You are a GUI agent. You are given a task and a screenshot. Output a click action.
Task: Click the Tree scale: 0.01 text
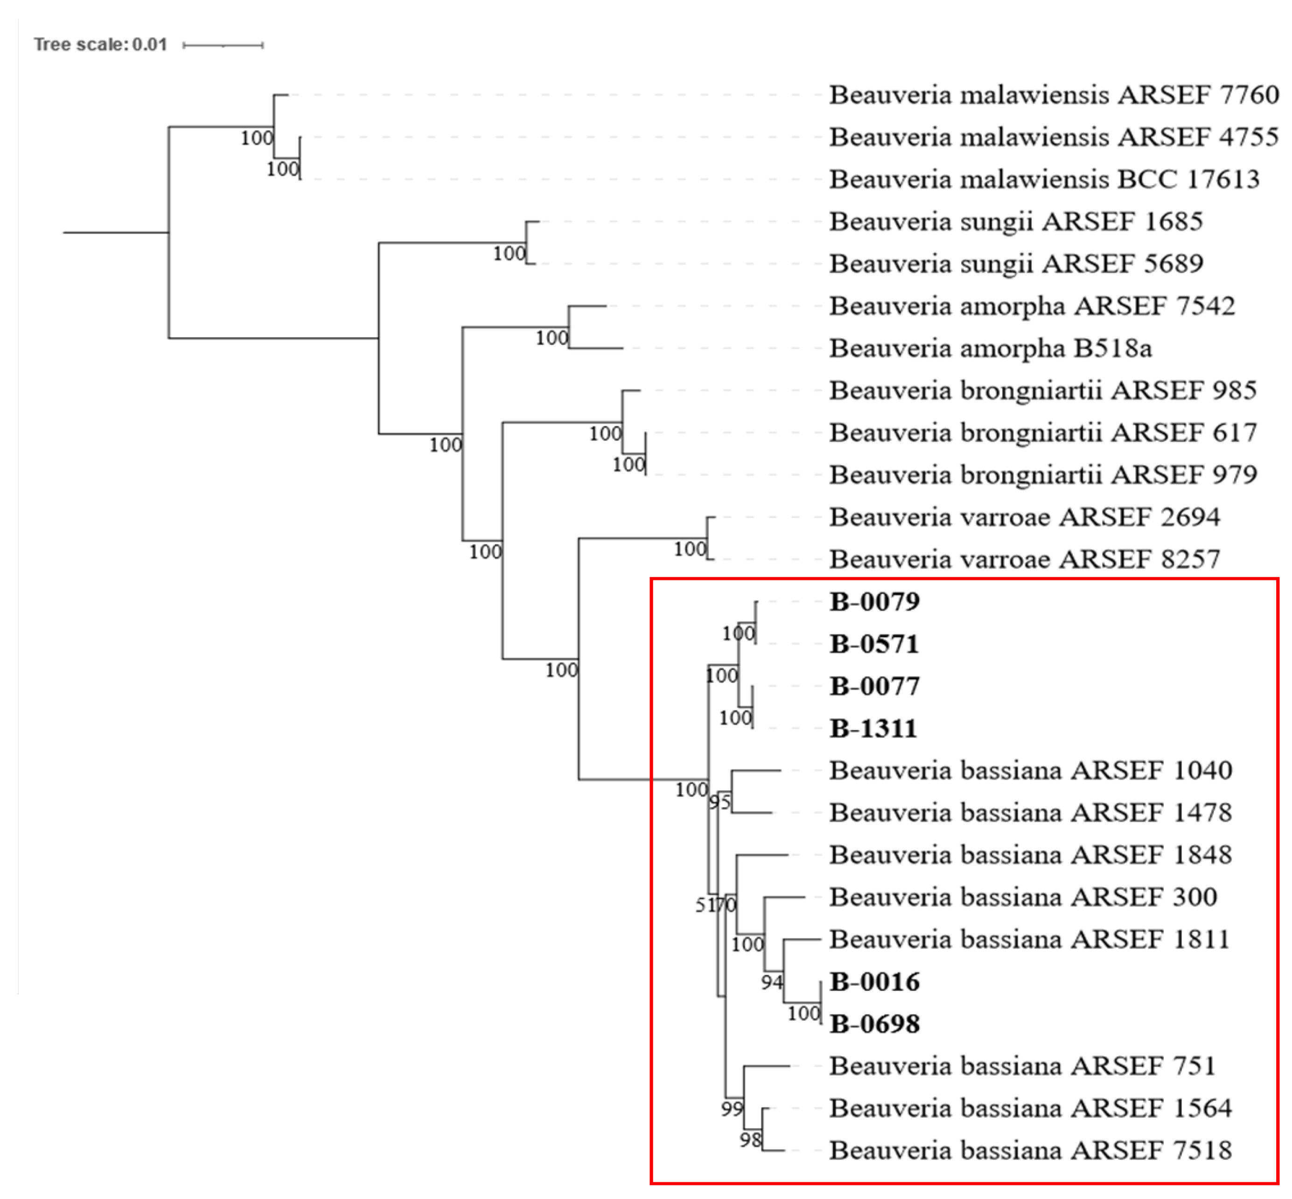pyautogui.click(x=101, y=45)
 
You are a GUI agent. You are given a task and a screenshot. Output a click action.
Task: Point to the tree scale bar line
pyautogui.click(x=223, y=45)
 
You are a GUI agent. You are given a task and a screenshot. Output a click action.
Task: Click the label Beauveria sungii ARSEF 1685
pyautogui.click(x=1016, y=221)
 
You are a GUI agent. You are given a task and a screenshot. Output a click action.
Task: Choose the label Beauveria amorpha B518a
pyautogui.click(x=990, y=349)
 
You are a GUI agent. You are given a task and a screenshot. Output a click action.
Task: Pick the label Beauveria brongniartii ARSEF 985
pyautogui.click(x=1043, y=390)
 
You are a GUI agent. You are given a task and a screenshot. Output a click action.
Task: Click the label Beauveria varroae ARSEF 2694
pyautogui.click(x=1025, y=517)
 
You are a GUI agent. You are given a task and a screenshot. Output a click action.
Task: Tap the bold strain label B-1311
pyautogui.click(x=873, y=729)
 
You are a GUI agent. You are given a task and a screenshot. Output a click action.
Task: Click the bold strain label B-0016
pyautogui.click(x=874, y=982)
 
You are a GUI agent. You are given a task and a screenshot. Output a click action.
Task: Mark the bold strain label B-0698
pyautogui.click(x=874, y=1024)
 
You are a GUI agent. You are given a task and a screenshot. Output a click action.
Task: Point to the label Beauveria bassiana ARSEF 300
pyautogui.click(x=1023, y=897)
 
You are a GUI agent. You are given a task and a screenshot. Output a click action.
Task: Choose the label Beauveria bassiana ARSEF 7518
pyautogui.click(x=1030, y=1150)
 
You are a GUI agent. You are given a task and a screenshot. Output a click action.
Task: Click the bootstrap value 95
pyautogui.click(x=719, y=802)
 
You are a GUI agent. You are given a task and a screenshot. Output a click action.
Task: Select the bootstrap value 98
pyautogui.click(x=750, y=1140)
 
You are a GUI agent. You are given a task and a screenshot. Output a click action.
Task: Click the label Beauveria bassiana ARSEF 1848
pyautogui.click(x=1030, y=855)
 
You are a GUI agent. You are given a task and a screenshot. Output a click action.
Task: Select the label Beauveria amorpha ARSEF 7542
pyautogui.click(x=1032, y=306)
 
